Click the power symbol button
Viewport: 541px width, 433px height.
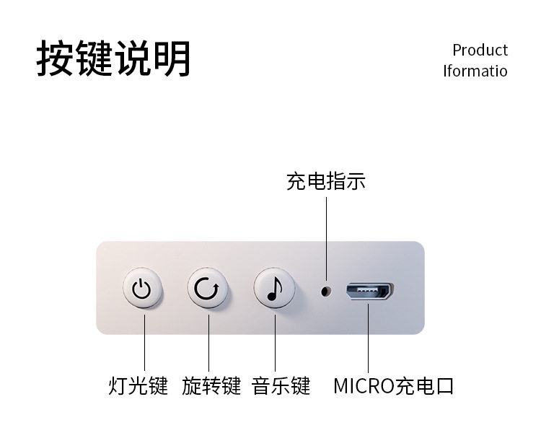pos(142,290)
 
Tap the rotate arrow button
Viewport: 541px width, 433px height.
pos(208,290)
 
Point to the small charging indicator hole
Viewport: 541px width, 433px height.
pos(326,291)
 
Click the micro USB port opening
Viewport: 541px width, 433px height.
pos(369,292)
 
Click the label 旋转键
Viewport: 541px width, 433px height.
pos(211,386)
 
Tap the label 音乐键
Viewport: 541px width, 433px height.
pos(281,386)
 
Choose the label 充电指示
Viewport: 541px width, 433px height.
pos(325,181)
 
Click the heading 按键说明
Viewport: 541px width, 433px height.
pos(114,58)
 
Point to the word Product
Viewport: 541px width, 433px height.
pos(480,50)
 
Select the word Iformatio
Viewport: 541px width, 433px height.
pos(475,71)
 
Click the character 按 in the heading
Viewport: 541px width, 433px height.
pos(56,58)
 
